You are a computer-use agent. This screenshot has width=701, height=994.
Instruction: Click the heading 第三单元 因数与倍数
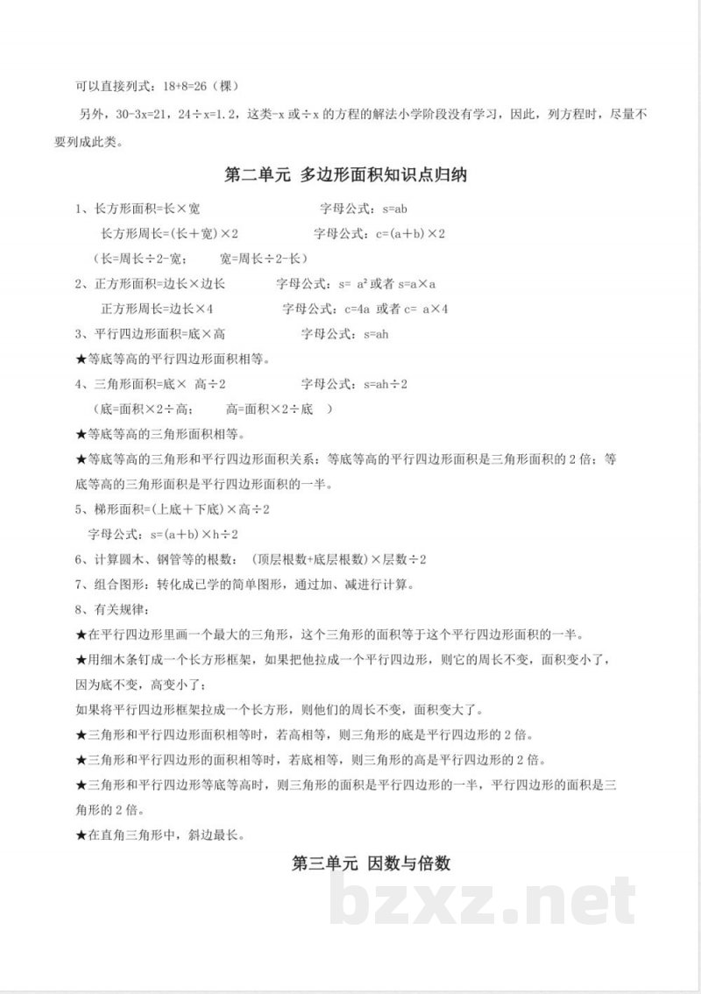pos(372,863)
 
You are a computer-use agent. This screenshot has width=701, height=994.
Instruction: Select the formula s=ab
pos(391,209)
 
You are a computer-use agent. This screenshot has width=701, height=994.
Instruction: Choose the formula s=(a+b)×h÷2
pos(195,534)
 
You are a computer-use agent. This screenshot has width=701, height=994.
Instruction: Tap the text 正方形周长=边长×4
pos(158,309)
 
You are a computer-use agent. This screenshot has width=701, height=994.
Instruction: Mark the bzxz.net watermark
pos(484,902)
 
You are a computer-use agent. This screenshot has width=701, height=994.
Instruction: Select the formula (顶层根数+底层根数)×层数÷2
pos(338,559)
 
